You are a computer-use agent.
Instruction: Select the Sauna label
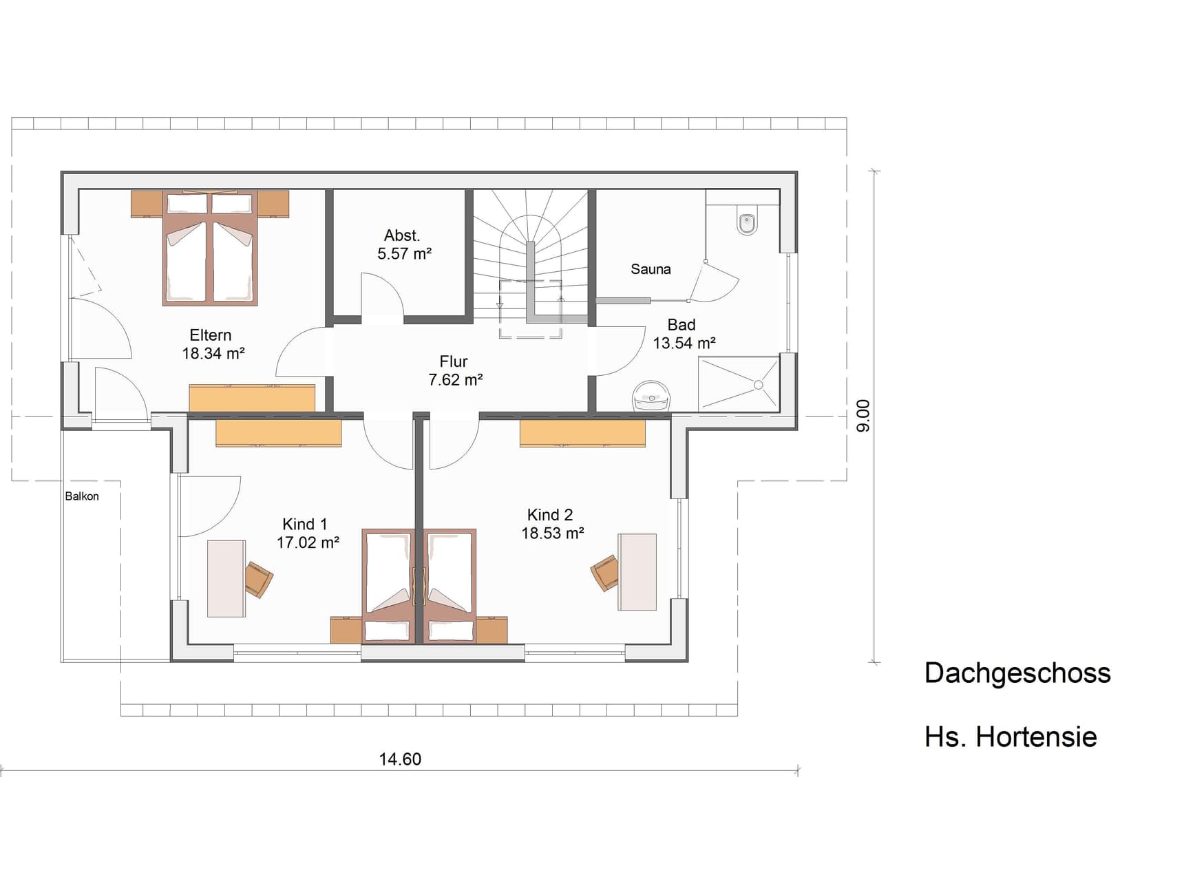(651, 269)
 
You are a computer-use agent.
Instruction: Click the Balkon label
(82, 496)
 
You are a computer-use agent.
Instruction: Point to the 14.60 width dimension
(400, 759)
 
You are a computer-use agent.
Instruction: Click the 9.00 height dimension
(863, 416)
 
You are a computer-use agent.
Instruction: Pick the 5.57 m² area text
(404, 253)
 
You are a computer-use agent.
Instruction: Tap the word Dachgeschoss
(1017, 673)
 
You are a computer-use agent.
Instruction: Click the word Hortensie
(1036, 737)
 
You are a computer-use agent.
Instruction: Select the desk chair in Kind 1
(259, 579)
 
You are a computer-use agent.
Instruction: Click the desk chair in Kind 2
(605, 573)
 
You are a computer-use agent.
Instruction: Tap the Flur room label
(454, 361)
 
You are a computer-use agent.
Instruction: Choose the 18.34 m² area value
(213, 354)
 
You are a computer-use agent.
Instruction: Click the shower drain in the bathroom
(758, 385)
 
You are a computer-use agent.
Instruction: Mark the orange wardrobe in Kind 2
(582, 434)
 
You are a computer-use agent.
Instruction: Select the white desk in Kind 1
(226, 578)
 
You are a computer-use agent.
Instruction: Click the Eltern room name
(211, 335)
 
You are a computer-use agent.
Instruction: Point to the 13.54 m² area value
(684, 343)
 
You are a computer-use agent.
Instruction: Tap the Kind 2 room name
(550, 515)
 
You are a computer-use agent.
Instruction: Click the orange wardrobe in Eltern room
(252, 399)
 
